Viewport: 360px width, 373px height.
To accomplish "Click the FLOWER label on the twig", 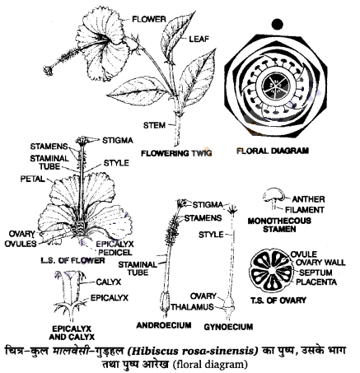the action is [149, 19].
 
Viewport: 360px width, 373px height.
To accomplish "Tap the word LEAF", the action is [199, 39].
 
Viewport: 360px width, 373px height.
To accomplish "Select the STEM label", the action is [155, 125].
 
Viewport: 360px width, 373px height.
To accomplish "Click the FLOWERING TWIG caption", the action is [176, 153].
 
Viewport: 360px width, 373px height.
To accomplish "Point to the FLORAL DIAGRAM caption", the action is [273, 151].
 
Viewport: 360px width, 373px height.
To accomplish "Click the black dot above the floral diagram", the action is [277, 24].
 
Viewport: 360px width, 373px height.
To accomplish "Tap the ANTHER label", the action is [308, 199].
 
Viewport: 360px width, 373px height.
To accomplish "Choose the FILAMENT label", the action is [305, 210].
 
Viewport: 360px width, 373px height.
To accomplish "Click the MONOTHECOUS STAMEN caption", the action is [279, 225].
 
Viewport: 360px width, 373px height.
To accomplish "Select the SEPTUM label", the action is [316, 273].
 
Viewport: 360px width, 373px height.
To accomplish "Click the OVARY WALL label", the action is [320, 263].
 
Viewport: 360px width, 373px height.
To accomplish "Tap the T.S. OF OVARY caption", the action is [278, 301].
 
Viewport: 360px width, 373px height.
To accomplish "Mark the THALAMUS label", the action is [192, 307].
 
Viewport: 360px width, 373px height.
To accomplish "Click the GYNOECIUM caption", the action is [228, 327].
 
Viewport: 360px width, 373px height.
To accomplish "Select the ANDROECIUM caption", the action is [164, 325].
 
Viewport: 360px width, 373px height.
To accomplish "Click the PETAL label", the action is [32, 179].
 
